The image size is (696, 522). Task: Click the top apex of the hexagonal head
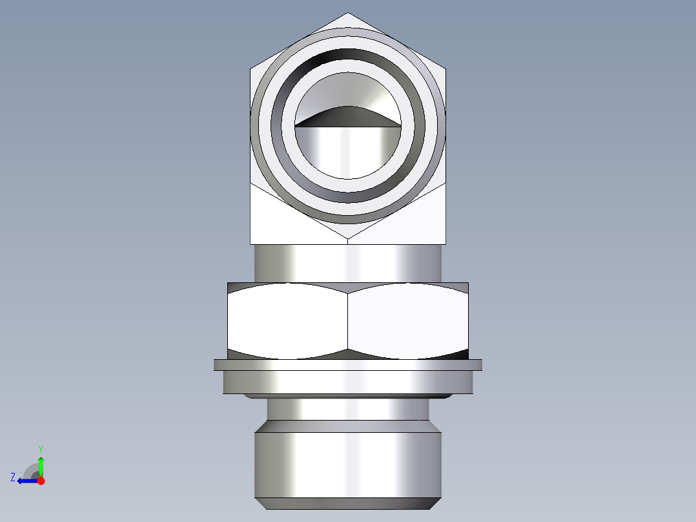(348, 14)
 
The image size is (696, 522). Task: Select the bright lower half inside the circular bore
(348, 152)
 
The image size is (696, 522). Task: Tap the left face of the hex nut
(287, 321)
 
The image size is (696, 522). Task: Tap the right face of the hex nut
(407, 321)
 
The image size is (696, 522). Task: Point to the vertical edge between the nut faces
(348, 321)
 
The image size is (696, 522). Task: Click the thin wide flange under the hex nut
(348, 365)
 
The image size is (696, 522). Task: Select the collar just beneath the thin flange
(348, 382)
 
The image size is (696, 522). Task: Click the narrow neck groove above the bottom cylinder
(348, 408)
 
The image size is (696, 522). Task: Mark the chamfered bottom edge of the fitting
(348, 503)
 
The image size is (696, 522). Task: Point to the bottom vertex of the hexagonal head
(348, 240)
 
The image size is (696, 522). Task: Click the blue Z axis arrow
(26, 481)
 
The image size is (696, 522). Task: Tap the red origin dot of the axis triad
(41, 481)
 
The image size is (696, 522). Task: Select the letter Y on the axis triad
(40, 448)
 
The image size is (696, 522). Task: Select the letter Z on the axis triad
(13, 477)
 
